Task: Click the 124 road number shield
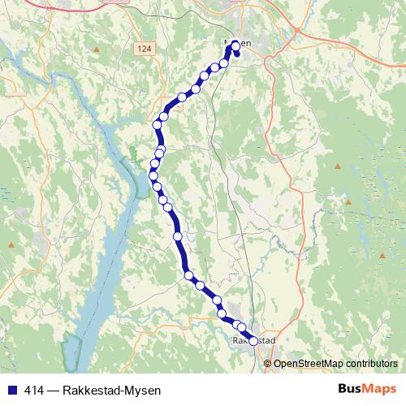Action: tap(145, 50)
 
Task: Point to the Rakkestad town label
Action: tap(255, 340)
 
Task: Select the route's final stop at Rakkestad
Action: tap(253, 342)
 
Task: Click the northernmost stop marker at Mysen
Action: tap(235, 45)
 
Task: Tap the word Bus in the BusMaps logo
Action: tap(352, 389)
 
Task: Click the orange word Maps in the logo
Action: tap(380, 389)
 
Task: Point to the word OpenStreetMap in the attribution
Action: tap(307, 364)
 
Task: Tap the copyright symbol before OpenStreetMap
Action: tap(268, 364)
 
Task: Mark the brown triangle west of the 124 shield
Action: tap(97, 50)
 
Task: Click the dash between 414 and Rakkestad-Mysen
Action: tap(54, 390)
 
